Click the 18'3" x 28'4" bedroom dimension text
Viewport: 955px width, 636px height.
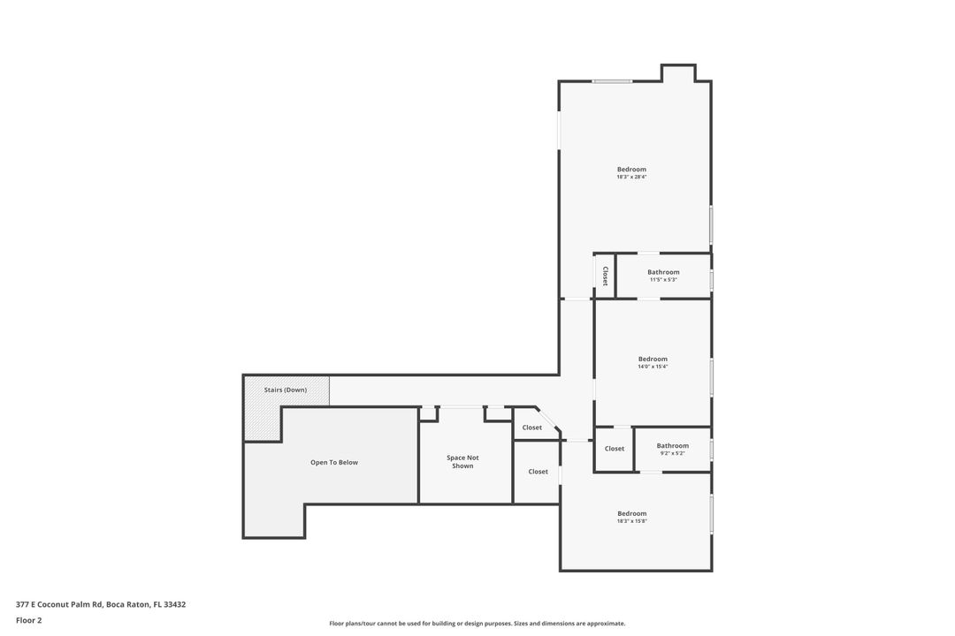tap(631, 177)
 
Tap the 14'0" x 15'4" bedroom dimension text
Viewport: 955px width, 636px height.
tap(653, 367)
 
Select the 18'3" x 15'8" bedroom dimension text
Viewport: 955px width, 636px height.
tap(631, 521)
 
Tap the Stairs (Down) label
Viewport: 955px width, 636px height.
tap(286, 390)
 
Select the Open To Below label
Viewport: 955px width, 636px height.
tap(334, 463)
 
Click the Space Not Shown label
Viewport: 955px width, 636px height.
tap(462, 462)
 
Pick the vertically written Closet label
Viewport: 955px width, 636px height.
tap(605, 276)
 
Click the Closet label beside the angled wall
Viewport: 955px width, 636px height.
tap(531, 428)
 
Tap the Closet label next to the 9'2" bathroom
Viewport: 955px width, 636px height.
tap(615, 449)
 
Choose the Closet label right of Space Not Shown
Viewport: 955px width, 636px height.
tap(538, 472)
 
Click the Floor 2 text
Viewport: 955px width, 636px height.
tap(28, 620)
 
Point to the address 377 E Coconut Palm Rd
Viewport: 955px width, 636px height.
tap(101, 605)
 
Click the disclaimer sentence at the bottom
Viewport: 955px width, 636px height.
tap(477, 624)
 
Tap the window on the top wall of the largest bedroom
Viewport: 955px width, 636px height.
tap(612, 81)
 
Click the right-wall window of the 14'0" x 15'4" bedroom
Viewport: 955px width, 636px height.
tap(711, 377)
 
